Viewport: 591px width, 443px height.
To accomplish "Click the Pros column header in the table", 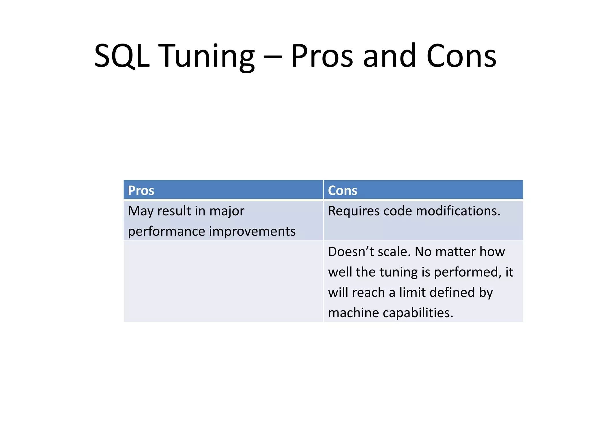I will click(141, 191).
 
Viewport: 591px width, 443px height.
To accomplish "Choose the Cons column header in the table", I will click(343, 191).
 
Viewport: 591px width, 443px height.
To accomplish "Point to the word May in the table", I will click(141, 211).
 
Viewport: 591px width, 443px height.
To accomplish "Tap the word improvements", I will click(252, 231).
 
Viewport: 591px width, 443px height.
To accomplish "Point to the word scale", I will click(394, 252).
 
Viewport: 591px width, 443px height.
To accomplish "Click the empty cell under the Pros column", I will click(223, 281).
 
